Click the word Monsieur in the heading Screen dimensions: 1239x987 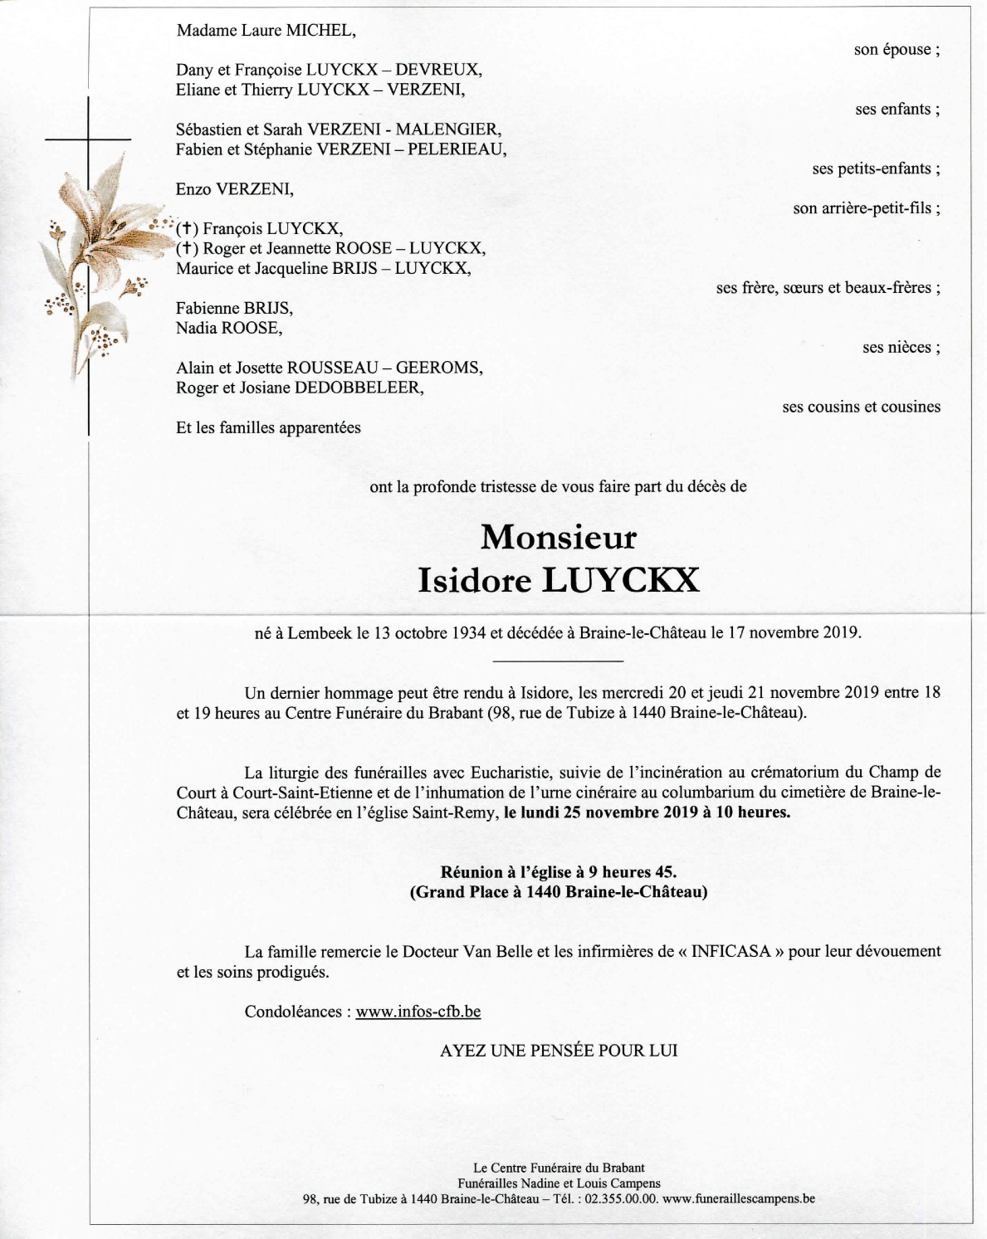coord(558,538)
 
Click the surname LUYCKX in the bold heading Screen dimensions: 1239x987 coord(620,580)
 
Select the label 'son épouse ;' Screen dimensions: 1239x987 coord(897,50)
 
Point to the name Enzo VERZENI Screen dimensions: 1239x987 coord(234,189)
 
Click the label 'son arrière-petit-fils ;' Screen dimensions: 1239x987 coord(866,208)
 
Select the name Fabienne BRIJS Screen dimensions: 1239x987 coord(234,309)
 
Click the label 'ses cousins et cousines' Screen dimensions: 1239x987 coord(861,407)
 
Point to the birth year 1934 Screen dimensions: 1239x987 coord(469,633)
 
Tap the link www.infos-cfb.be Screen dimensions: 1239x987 coord(418,1012)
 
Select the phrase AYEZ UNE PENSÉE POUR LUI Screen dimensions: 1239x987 coord(559,1051)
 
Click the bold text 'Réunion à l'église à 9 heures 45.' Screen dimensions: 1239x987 coord(558,872)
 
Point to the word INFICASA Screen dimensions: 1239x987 coord(730,952)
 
